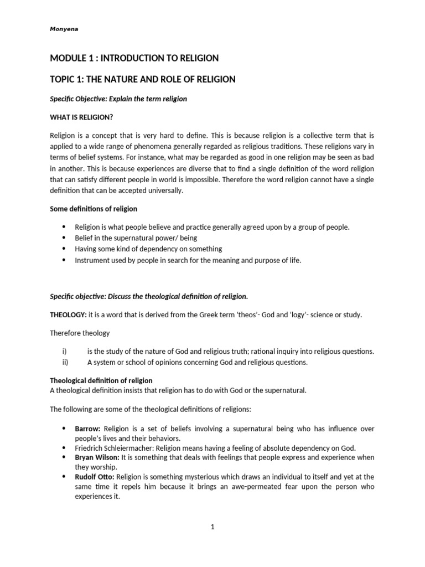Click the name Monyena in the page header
(64, 29)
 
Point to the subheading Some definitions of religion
(94, 209)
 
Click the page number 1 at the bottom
(212, 528)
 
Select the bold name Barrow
(87, 429)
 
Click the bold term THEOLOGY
(68, 315)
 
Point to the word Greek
(213, 315)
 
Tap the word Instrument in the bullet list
(91, 261)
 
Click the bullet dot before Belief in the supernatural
(64, 238)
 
